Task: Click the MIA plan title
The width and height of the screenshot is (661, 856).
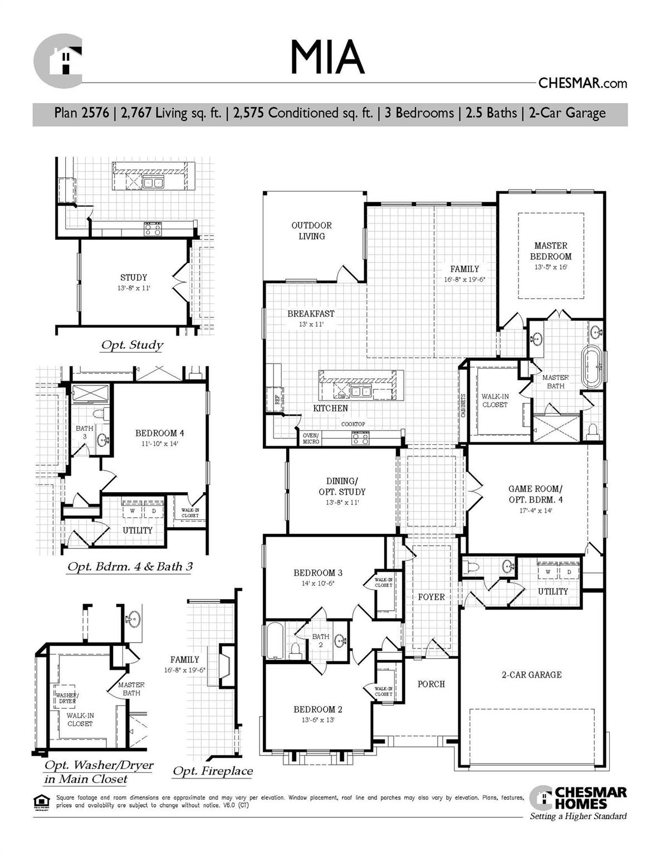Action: click(327, 57)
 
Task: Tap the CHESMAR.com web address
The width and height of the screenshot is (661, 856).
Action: click(582, 84)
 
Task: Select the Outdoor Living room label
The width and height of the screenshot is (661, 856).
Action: click(311, 231)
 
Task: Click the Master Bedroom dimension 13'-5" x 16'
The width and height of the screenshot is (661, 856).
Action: click(550, 267)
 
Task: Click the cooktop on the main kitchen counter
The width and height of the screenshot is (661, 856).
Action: click(360, 439)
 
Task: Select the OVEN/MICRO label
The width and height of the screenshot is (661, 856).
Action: click(311, 439)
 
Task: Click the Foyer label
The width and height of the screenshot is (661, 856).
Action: click(431, 597)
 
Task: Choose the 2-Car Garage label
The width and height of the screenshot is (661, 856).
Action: click(531, 675)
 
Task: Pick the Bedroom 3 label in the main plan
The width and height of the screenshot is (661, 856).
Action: click(318, 573)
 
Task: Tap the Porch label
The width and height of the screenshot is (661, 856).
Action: click(431, 684)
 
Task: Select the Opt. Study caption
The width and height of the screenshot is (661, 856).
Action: click(132, 345)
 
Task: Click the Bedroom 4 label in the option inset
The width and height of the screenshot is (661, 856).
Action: click(159, 433)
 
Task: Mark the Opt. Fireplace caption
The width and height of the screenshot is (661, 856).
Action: click(212, 771)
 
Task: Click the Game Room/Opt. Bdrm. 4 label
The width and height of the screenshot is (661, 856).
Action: click(535, 494)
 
